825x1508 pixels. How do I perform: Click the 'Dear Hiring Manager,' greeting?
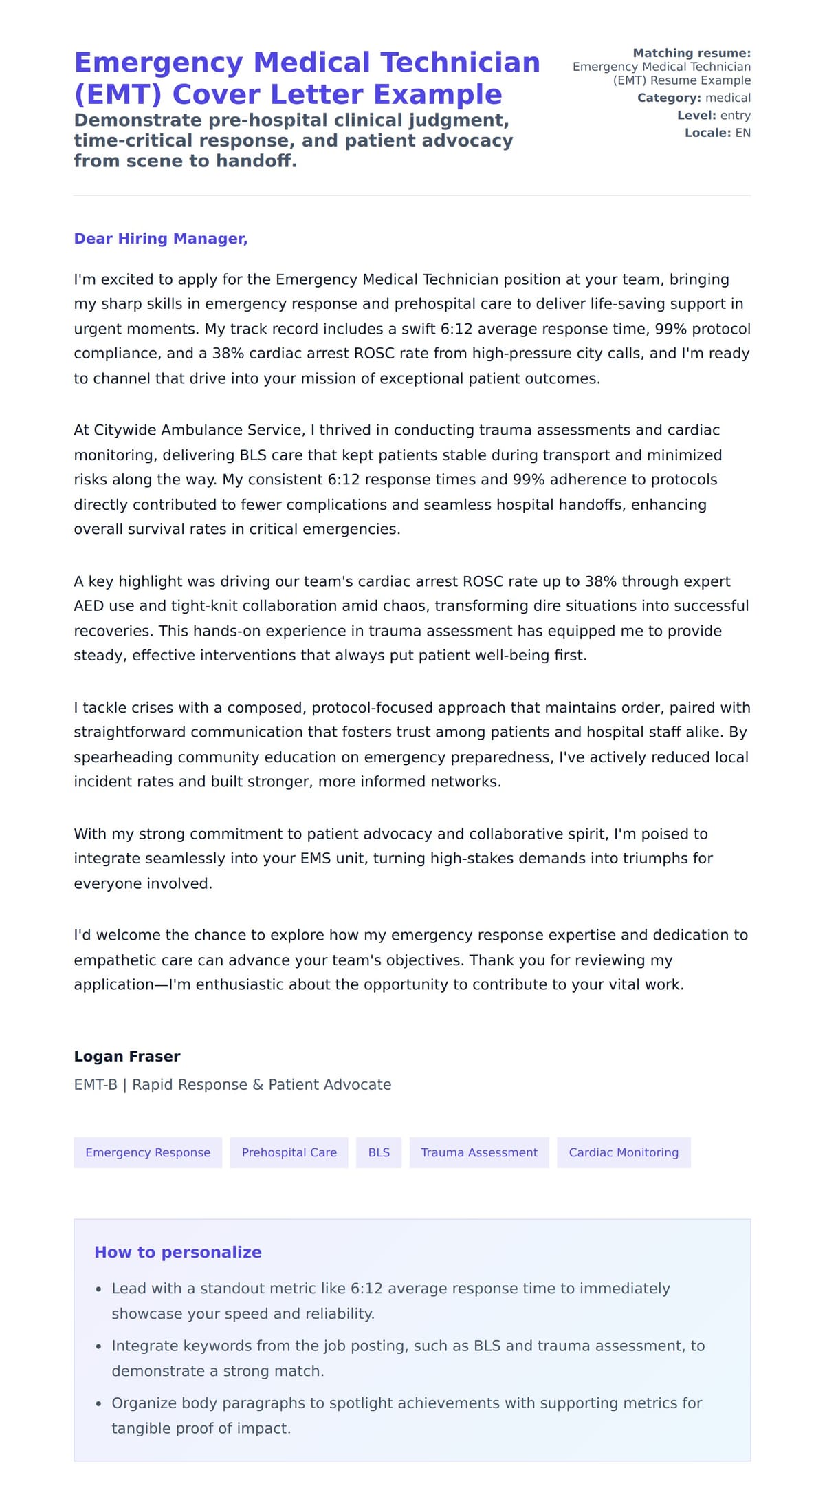[x=160, y=239]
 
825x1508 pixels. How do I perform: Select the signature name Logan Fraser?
[x=127, y=1056]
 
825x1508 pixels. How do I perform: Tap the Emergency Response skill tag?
[x=148, y=1152]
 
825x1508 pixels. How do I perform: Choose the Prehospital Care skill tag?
[x=289, y=1152]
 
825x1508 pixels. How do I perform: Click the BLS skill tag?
[x=379, y=1152]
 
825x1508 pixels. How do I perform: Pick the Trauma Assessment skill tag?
[x=479, y=1152]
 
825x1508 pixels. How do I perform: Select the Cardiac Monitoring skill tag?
[x=624, y=1152]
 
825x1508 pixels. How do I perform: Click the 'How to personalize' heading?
[x=178, y=1252]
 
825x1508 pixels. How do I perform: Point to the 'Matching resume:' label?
[x=692, y=53]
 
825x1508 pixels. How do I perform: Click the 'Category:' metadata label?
[x=669, y=98]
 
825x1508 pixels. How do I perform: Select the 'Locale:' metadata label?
[x=707, y=133]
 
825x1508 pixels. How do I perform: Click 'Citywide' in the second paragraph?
[x=126, y=430]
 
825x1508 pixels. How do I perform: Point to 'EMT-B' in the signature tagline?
[x=96, y=1085]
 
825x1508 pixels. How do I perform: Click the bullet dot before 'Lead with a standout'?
[x=99, y=1289]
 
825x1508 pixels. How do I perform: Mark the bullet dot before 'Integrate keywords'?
[x=99, y=1346]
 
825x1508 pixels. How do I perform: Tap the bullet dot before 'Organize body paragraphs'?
[x=99, y=1403]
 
